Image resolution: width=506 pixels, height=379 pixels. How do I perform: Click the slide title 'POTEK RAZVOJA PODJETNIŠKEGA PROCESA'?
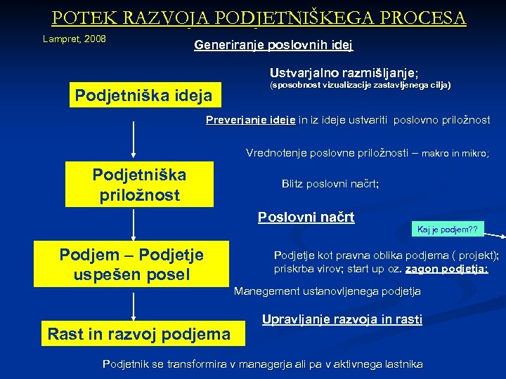coord(258,17)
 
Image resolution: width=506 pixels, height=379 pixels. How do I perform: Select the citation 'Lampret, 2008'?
coord(74,39)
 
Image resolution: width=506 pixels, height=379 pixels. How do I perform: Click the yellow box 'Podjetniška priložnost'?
coord(139,185)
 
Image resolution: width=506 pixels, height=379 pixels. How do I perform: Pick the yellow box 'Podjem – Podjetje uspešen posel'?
coord(132,265)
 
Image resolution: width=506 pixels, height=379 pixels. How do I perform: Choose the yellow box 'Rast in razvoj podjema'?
coord(139,334)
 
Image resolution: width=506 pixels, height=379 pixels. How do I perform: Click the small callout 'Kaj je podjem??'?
coord(447,230)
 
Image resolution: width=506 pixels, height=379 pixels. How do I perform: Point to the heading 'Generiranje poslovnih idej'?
coord(273,46)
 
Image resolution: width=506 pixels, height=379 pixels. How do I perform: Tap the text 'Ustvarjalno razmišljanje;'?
coord(344,72)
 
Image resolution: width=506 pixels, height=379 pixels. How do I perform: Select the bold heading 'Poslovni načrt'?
coord(306,217)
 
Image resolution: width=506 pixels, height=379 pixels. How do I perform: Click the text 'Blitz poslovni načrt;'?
coord(330,184)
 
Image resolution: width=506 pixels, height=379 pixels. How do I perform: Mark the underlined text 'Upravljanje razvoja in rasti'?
coord(342,319)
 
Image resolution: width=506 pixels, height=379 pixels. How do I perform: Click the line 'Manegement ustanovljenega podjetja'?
coord(327,291)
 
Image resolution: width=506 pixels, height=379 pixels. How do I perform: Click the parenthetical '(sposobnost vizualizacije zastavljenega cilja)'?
coord(360,86)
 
